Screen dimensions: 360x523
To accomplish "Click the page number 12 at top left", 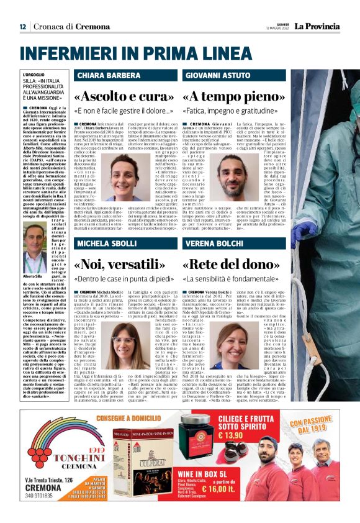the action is pyautogui.click(x=22, y=27).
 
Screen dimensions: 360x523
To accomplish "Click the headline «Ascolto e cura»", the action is pyautogui.click(x=125, y=97).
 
